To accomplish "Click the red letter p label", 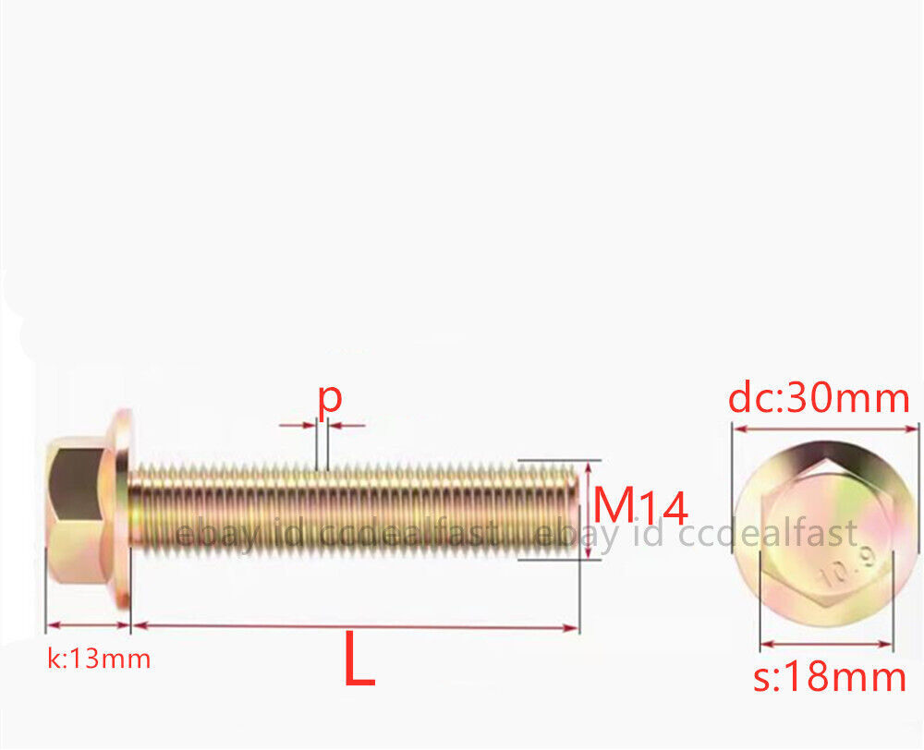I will point(330,399).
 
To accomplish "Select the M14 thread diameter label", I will point(640,507).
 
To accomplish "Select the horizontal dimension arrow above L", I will point(356,627).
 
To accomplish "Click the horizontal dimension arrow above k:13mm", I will point(88,625).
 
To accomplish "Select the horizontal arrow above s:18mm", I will point(827,644).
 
